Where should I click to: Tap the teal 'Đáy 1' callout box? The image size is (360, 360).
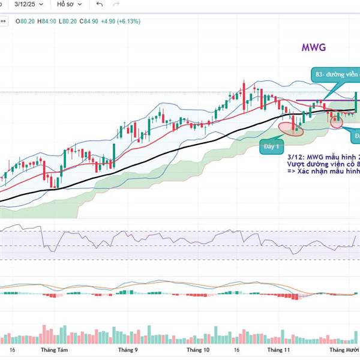271,146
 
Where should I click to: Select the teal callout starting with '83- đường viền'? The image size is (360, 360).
336,74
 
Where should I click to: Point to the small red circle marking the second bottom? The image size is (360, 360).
336,122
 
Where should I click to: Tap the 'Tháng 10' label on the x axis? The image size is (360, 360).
198,349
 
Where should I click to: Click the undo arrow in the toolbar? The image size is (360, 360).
100,4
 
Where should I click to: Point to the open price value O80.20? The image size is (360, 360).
28,22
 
